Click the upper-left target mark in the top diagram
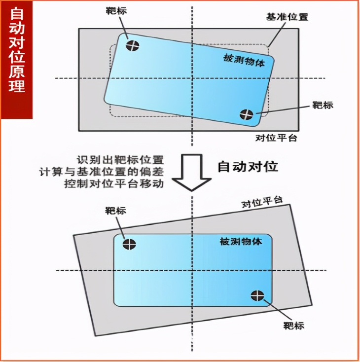133,45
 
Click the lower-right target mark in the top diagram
247,114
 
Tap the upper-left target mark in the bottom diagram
129,244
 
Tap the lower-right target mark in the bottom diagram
257,295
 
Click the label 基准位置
288,17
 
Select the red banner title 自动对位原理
17,49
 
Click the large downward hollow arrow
192,173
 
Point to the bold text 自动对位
248,167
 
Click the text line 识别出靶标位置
120,160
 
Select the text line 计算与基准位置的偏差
102,172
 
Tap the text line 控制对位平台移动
114,184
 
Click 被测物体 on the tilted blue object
244,61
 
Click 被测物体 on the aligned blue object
241,242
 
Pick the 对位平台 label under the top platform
276,138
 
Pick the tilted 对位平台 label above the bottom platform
262,202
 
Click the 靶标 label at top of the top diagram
116,11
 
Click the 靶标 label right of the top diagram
323,105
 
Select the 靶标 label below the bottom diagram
294,326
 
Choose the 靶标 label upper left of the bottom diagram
116,211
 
